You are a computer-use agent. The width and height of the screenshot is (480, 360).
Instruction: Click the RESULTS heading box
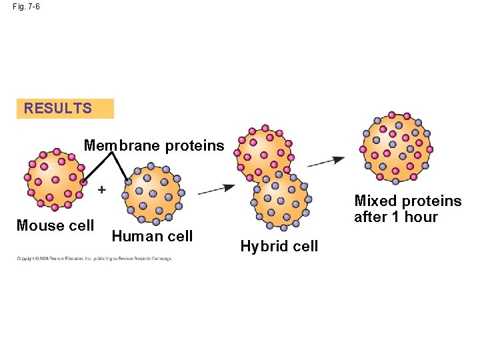[65, 109]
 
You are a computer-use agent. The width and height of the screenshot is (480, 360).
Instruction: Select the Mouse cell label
[55, 225]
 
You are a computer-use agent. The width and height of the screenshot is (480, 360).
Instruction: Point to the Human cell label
[152, 236]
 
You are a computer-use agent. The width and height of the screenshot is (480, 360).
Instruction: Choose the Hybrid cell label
[279, 246]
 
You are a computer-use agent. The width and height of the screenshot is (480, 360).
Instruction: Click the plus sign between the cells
[101, 190]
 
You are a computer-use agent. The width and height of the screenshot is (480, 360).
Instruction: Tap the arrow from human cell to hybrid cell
[215, 189]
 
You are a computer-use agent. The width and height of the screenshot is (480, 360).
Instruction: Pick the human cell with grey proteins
[153, 194]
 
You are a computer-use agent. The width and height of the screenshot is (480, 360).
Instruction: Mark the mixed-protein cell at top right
[397, 148]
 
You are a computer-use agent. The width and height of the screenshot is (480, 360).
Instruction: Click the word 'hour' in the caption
[421, 217]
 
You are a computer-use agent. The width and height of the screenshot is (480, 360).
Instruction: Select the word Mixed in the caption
[375, 201]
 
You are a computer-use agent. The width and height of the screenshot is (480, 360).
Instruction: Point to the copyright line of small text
[94, 258]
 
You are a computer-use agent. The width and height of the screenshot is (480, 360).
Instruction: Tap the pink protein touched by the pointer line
[83, 181]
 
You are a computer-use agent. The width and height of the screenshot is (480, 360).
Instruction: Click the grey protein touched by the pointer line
[128, 180]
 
